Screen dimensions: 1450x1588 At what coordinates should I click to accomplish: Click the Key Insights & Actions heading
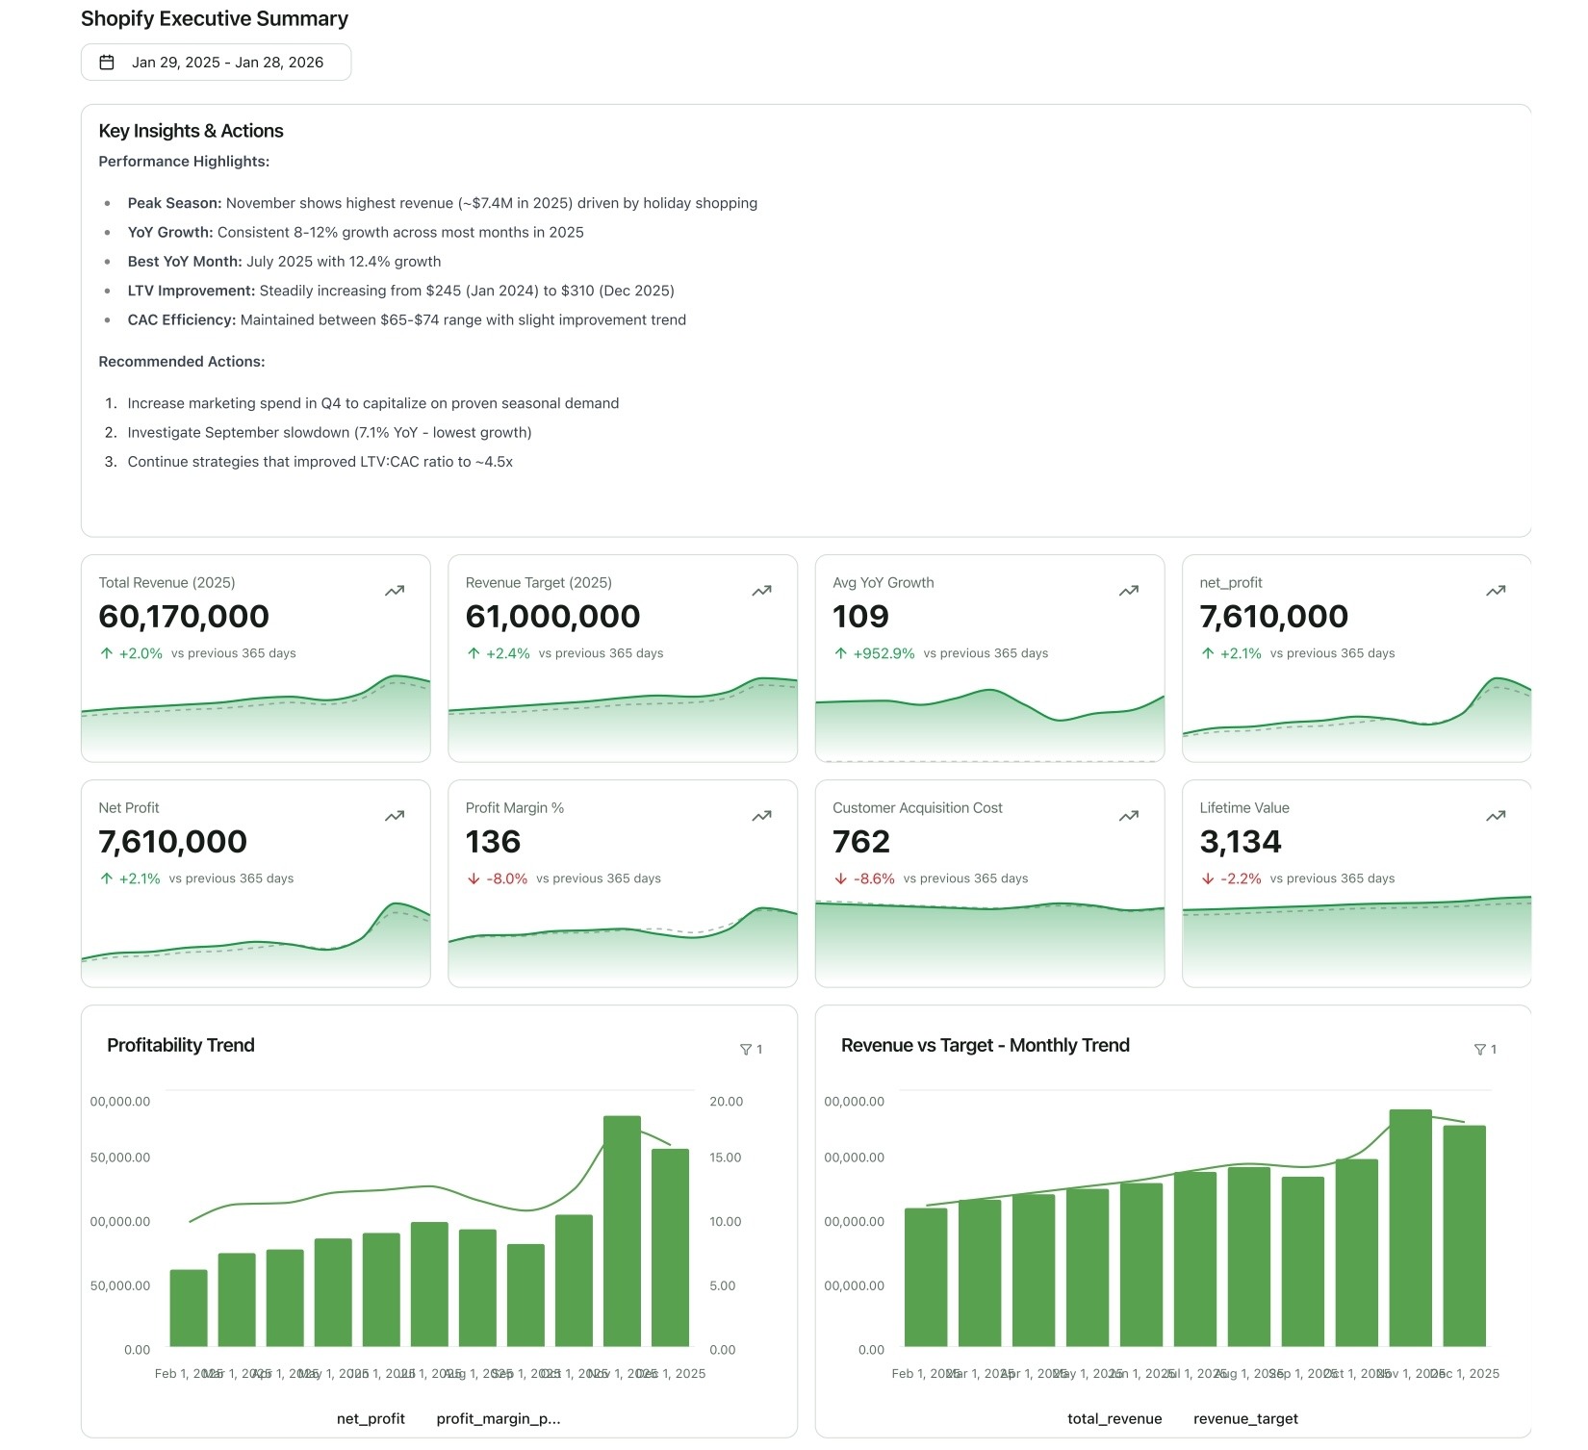pos(191,131)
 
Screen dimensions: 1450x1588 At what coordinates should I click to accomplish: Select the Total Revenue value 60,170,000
pos(184,617)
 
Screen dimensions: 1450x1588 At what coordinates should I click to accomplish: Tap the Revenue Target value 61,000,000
pos(552,617)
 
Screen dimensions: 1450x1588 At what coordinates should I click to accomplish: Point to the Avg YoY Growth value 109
pos(860,617)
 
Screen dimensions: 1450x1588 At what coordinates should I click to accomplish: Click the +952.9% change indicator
pos(884,653)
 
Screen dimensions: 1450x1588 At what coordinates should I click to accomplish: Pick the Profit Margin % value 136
pos(493,842)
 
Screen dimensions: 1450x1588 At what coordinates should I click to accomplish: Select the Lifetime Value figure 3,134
pos(1240,842)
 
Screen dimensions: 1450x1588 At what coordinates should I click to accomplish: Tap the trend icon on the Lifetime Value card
pos(1496,816)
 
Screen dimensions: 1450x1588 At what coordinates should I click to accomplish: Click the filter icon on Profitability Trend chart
pos(746,1050)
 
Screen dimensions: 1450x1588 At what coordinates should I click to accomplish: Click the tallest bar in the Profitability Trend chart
pos(622,1232)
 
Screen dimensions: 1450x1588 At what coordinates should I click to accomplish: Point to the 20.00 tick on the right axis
pos(726,1102)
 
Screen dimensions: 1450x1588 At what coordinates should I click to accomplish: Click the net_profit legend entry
pos(371,1419)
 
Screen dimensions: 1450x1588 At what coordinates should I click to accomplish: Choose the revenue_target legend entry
pos(1245,1419)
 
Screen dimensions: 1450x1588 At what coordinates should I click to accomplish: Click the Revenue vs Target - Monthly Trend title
pos(985,1046)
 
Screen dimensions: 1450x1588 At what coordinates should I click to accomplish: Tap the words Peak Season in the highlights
pos(174,203)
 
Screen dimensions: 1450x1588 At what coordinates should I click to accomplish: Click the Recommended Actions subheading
pos(182,362)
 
